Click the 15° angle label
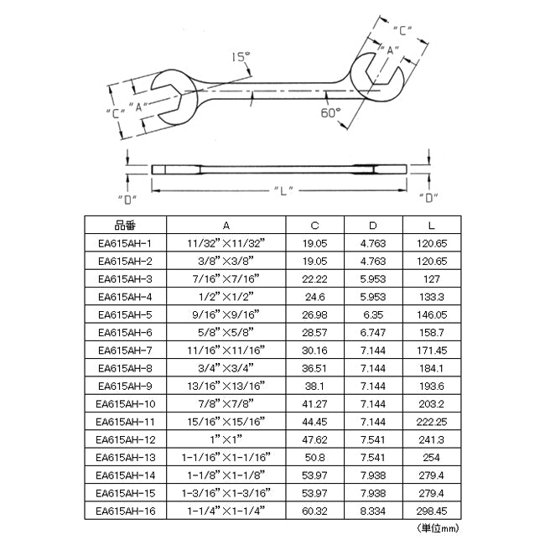(241, 57)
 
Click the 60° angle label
(330, 112)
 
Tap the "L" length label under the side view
(283, 191)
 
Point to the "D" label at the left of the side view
(127, 200)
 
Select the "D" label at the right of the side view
(428, 198)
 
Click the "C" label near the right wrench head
(402, 30)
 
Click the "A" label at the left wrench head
(138, 106)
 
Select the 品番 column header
(125, 226)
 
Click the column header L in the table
(432, 226)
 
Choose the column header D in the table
(373, 226)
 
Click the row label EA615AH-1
(125, 243)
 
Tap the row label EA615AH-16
(125, 511)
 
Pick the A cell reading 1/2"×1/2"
(226, 297)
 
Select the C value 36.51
(314, 368)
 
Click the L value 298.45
(432, 511)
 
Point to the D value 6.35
(373, 314)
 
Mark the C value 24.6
(314, 297)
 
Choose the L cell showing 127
(432, 279)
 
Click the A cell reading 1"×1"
(226, 439)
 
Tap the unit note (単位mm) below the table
(438, 529)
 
